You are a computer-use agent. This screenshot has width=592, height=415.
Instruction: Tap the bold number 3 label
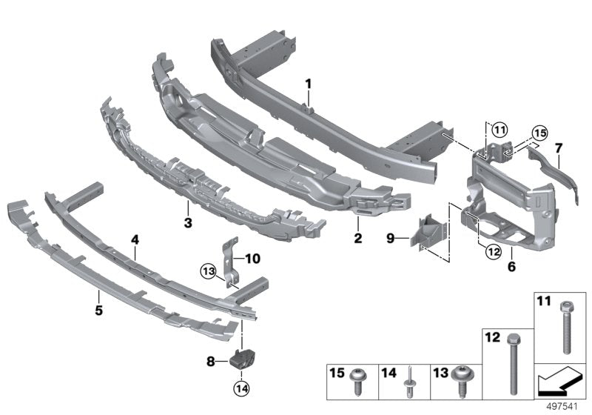click(x=188, y=222)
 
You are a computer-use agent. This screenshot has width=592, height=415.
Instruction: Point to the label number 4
click(x=135, y=239)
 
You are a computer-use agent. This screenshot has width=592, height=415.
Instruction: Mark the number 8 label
click(x=210, y=361)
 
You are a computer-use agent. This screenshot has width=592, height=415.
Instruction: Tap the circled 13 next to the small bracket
click(x=209, y=272)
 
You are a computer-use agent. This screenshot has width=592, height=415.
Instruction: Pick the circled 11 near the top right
click(x=502, y=130)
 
